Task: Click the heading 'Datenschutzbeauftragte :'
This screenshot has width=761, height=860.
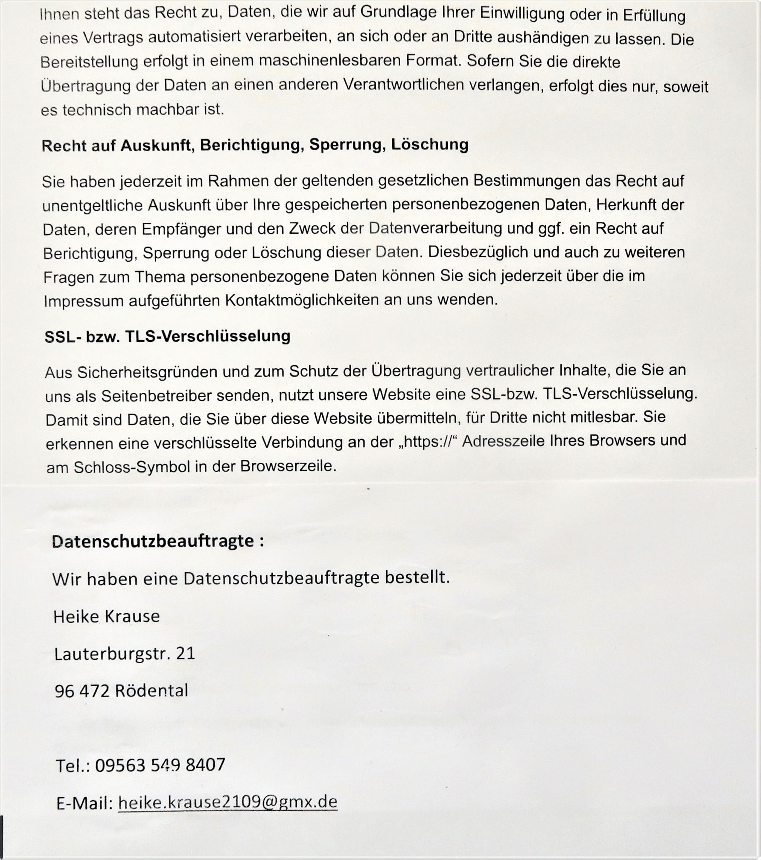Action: click(158, 541)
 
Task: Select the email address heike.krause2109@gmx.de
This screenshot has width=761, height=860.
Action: click(228, 802)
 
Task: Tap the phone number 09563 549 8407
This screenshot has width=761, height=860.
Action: click(160, 764)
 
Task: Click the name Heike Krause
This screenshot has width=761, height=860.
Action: click(107, 617)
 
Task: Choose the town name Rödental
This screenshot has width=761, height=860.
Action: click(151, 691)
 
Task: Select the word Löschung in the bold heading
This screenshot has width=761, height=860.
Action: click(430, 145)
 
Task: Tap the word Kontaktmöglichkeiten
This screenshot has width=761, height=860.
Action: click(302, 300)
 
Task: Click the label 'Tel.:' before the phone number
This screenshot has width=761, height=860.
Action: click(72, 766)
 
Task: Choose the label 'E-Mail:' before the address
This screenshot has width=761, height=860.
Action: click(84, 803)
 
